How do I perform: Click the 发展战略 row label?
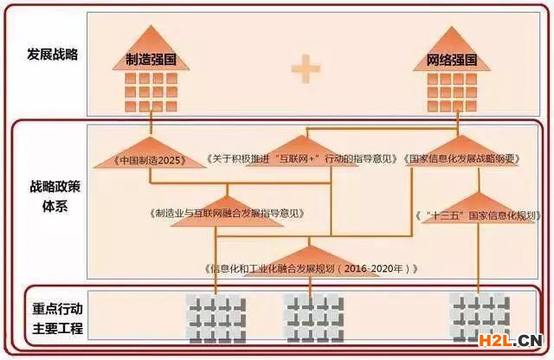tap(53, 55)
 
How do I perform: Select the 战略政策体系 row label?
tap(53, 196)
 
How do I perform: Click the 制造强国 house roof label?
tap(151, 61)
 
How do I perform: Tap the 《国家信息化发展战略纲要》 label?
tap(462, 160)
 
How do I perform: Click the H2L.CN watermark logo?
tap(511, 339)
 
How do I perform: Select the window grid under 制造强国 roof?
tap(151, 89)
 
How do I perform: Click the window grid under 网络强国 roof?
tap(453, 89)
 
